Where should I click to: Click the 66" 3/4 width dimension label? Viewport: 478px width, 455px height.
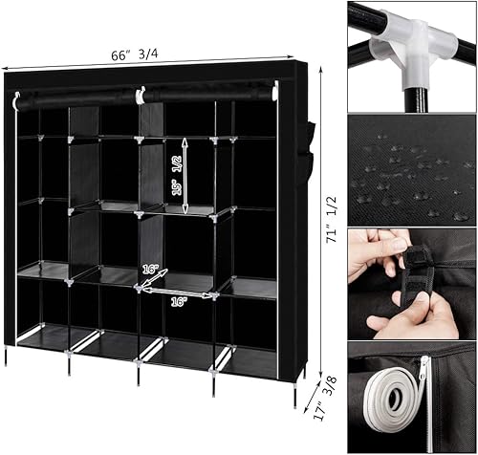click(135, 54)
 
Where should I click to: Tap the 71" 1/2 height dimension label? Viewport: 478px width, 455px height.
click(331, 219)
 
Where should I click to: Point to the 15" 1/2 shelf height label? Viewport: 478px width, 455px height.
click(177, 175)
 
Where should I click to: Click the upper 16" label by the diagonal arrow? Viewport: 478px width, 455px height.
click(150, 270)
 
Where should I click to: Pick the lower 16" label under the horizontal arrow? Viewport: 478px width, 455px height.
click(179, 301)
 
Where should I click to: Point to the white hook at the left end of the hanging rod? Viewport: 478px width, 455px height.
click(15, 102)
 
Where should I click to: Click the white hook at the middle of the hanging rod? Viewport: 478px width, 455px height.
click(140, 95)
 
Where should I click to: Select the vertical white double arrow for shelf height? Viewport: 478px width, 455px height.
click(185, 175)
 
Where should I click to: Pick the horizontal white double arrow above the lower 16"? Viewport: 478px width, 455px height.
click(176, 292)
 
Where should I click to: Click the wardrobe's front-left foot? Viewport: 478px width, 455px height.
click(6, 357)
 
